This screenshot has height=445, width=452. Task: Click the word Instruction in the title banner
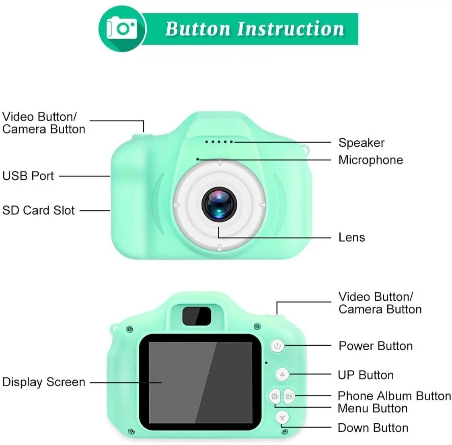click(290, 29)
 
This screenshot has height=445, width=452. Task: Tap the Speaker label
click(361, 143)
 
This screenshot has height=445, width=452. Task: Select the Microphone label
click(370, 160)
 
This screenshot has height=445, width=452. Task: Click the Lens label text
click(351, 237)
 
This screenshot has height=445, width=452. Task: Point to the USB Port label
click(28, 176)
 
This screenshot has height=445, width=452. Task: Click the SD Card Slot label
click(39, 210)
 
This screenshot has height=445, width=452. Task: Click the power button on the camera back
click(277, 346)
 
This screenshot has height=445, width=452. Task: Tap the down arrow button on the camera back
click(283, 417)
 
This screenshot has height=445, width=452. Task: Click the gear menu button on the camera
click(275, 396)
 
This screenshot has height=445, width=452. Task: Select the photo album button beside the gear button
click(290, 396)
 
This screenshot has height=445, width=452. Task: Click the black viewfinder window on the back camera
click(197, 316)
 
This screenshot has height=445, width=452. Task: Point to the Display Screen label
click(43, 382)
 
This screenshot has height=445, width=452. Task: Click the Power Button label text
click(376, 346)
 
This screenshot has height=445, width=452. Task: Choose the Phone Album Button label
click(394, 396)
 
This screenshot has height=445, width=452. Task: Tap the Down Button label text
click(373, 428)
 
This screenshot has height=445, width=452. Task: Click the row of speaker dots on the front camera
click(219, 142)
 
